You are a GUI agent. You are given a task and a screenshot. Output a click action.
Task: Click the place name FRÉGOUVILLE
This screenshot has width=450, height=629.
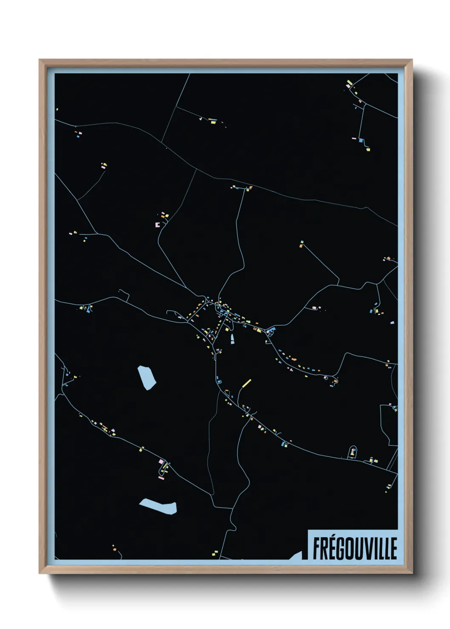tap(354, 548)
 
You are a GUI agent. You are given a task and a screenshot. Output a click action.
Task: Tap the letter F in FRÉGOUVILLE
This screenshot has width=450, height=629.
tap(317, 549)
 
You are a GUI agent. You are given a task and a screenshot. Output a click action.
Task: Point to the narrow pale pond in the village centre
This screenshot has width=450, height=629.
tap(232, 339)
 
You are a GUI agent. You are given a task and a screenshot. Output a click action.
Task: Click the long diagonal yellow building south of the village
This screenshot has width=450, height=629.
tap(246, 383)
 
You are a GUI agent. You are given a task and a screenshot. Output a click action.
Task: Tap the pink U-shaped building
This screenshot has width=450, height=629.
tap(157, 224)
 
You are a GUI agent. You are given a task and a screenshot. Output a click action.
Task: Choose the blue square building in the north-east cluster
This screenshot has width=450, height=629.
tap(361, 140)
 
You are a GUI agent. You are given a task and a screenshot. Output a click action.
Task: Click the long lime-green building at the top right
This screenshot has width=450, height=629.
tap(349, 82)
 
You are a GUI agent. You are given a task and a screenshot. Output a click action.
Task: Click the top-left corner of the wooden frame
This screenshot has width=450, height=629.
tap(40, 60)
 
